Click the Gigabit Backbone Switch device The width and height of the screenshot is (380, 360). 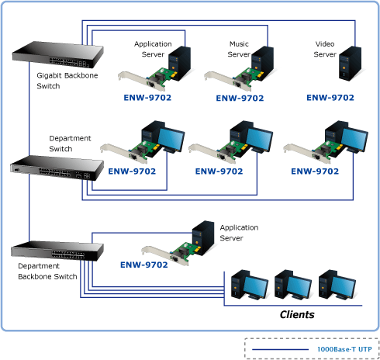[x=58, y=55]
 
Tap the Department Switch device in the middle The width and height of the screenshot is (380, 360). [x=57, y=168]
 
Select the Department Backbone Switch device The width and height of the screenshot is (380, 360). [x=57, y=251]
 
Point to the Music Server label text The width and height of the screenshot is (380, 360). [x=239, y=49]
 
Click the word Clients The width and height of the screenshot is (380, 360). [x=297, y=314]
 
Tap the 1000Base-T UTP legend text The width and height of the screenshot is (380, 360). [x=344, y=349]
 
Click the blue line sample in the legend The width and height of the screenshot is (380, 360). [x=280, y=349]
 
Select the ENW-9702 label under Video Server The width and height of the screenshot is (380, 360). [x=330, y=98]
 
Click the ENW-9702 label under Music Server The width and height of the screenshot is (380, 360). [x=240, y=98]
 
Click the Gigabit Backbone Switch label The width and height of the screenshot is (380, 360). [x=67, y=81]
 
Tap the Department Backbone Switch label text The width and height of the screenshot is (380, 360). [x=47, y=272]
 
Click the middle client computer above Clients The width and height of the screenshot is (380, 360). [x=292, y=285]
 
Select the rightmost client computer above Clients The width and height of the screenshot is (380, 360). [x=337, y=285]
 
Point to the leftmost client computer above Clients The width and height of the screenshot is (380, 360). [x=249, y=285]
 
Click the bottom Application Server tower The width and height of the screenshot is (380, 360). [x=203, y=237]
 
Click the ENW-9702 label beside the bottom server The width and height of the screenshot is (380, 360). [x=144, y=265]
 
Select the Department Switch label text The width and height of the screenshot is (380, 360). [x=70, y=144]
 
